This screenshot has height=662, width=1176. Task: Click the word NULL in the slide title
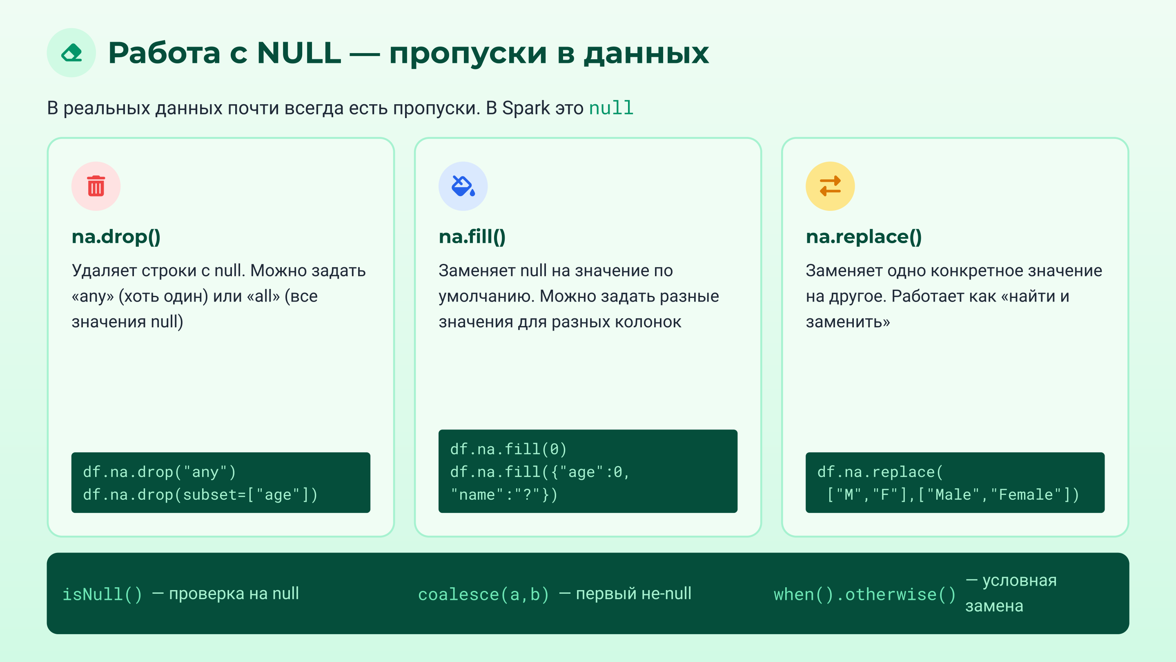tap(299, 53)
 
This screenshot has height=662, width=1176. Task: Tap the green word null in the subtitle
tap(611, 108)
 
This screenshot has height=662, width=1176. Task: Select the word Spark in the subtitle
tap(526, 108)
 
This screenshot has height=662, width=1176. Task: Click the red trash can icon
tap(96, 186)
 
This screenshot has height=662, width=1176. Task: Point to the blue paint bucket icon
tap(463, 186)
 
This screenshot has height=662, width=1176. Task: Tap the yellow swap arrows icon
tap(830, 186)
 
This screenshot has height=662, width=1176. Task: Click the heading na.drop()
tap(116, 237)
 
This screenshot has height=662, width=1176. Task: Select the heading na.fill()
tap(472, 237)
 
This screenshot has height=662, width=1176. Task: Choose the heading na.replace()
tap(864, 237)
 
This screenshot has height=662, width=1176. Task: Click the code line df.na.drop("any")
tap(159, 472)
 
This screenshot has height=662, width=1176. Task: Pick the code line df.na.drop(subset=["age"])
tap(200, 495)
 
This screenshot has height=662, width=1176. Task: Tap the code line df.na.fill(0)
tap(508, 449)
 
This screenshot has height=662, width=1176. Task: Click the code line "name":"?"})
tap(503, 495)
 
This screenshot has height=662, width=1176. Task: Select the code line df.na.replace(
tap(880, 472)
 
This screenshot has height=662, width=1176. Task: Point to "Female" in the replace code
tap(1026, 495)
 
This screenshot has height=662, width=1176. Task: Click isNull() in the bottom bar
tap(102, 595)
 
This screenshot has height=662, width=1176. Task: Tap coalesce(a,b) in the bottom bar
tap(483, 595)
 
